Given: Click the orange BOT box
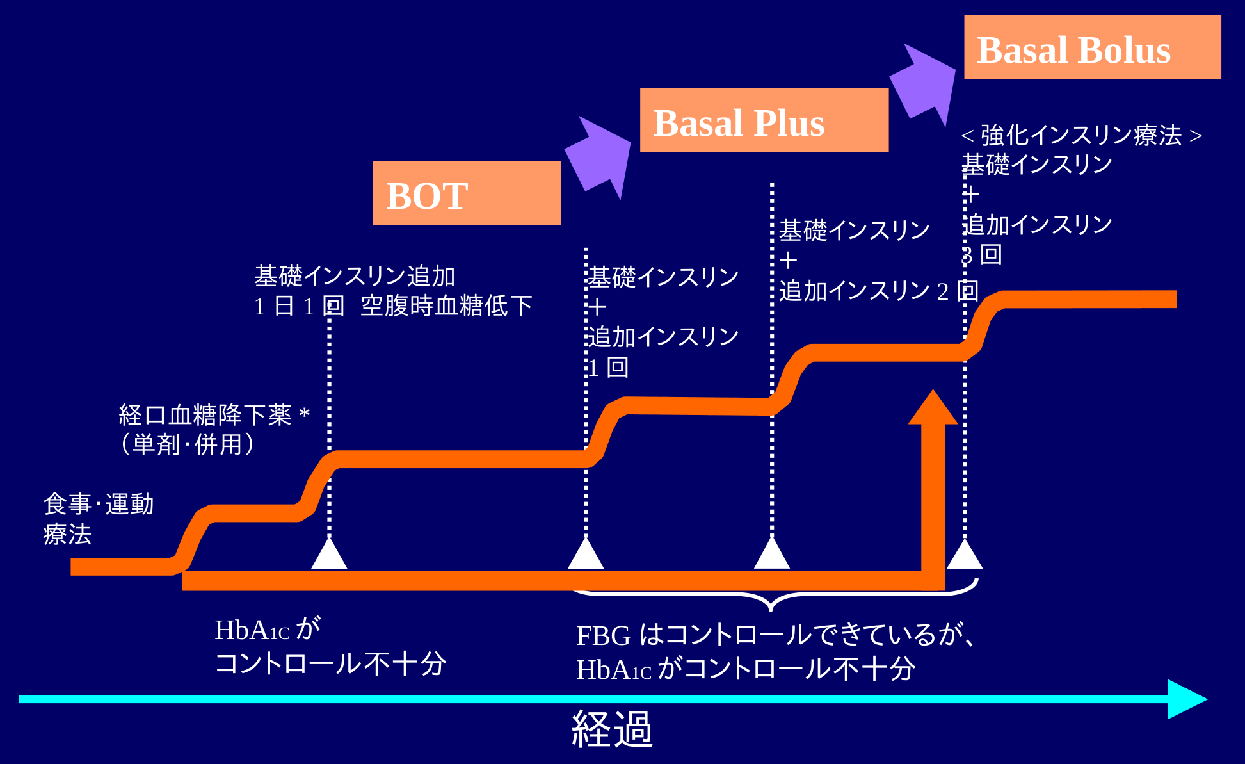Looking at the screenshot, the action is coord(467,193).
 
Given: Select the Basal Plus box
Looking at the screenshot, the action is coord(764,120).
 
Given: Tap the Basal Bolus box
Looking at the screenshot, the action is coord(1093,47).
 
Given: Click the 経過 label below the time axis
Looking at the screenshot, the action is coord(612,729).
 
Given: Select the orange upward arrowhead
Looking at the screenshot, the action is coord(933,407).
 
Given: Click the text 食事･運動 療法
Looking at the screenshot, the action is coord(99,519).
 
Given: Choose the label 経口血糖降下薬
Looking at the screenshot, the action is coord(205,415).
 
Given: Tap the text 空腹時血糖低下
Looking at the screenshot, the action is coord(446,306).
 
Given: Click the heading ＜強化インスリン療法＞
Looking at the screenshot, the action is coord(1082,135).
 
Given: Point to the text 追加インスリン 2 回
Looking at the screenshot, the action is coord(879,291).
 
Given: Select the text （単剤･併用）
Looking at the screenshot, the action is coord(188,444).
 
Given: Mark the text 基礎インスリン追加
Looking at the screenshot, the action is coord(355,276).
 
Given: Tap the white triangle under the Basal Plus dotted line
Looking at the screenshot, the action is coord(772,553).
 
